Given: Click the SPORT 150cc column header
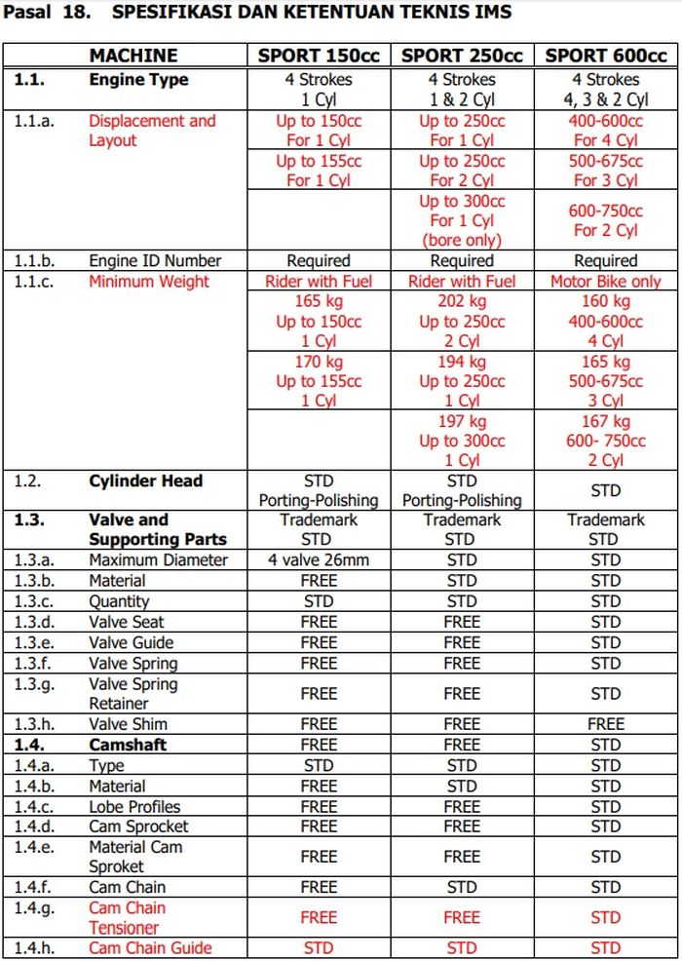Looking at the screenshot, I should click(319, 56).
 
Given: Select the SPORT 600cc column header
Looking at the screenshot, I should click(605, 56).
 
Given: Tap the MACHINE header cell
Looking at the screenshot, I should click(133, 56).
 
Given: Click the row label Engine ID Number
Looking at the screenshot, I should click(155, 261).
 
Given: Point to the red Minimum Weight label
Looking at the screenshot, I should click(149, 282).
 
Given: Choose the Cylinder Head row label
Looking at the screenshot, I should click(146, 480).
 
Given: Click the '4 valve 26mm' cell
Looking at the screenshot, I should click(319, 560).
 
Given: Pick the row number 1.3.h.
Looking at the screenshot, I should click(36, 724).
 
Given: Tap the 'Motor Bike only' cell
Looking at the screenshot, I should click(605, 282).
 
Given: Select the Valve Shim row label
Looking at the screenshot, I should click(128, 724).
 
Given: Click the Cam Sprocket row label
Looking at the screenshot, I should click(138, 826).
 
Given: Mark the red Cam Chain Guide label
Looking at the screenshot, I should click(150, 947).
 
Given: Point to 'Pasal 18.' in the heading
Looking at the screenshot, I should click(46, 13).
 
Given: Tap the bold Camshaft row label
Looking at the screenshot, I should click(128, 745).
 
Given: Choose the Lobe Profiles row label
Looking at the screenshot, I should click(134, 806).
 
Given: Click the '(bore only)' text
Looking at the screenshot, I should click(462, 240).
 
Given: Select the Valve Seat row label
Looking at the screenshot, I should click(127, 622).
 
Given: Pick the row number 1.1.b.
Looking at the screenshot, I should click(35, 261).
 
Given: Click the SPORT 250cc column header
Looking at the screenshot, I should click(462, 56).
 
